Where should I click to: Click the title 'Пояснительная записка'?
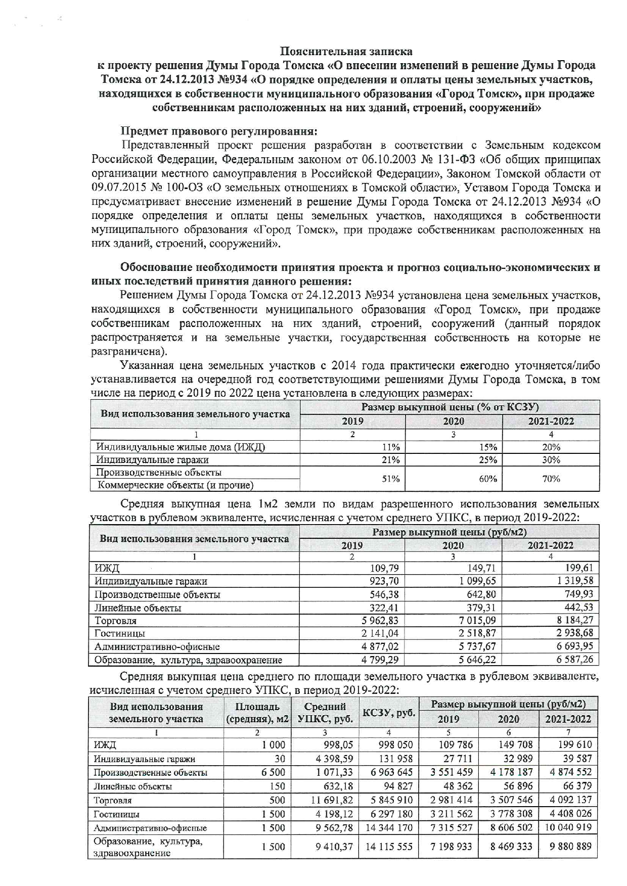[x=346, y=52]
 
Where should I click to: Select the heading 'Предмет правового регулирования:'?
[x=218, y=131]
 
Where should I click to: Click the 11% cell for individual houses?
[x=390, y=447]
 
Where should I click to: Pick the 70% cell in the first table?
[x=551, y=479]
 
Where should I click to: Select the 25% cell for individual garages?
[x=488, y=460]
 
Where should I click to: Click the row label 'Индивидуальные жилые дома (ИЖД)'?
[x=181, y=447]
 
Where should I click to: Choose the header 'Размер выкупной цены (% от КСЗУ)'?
[x=450, y=407]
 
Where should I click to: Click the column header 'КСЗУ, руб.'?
[x=388, y=713]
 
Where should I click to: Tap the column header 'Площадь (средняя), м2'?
[x=257, y=713]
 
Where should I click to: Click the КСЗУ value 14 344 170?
[x=388, y=828]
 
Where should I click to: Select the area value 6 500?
[x=273, y=772]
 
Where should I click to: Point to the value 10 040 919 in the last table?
[x=568, y=828]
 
